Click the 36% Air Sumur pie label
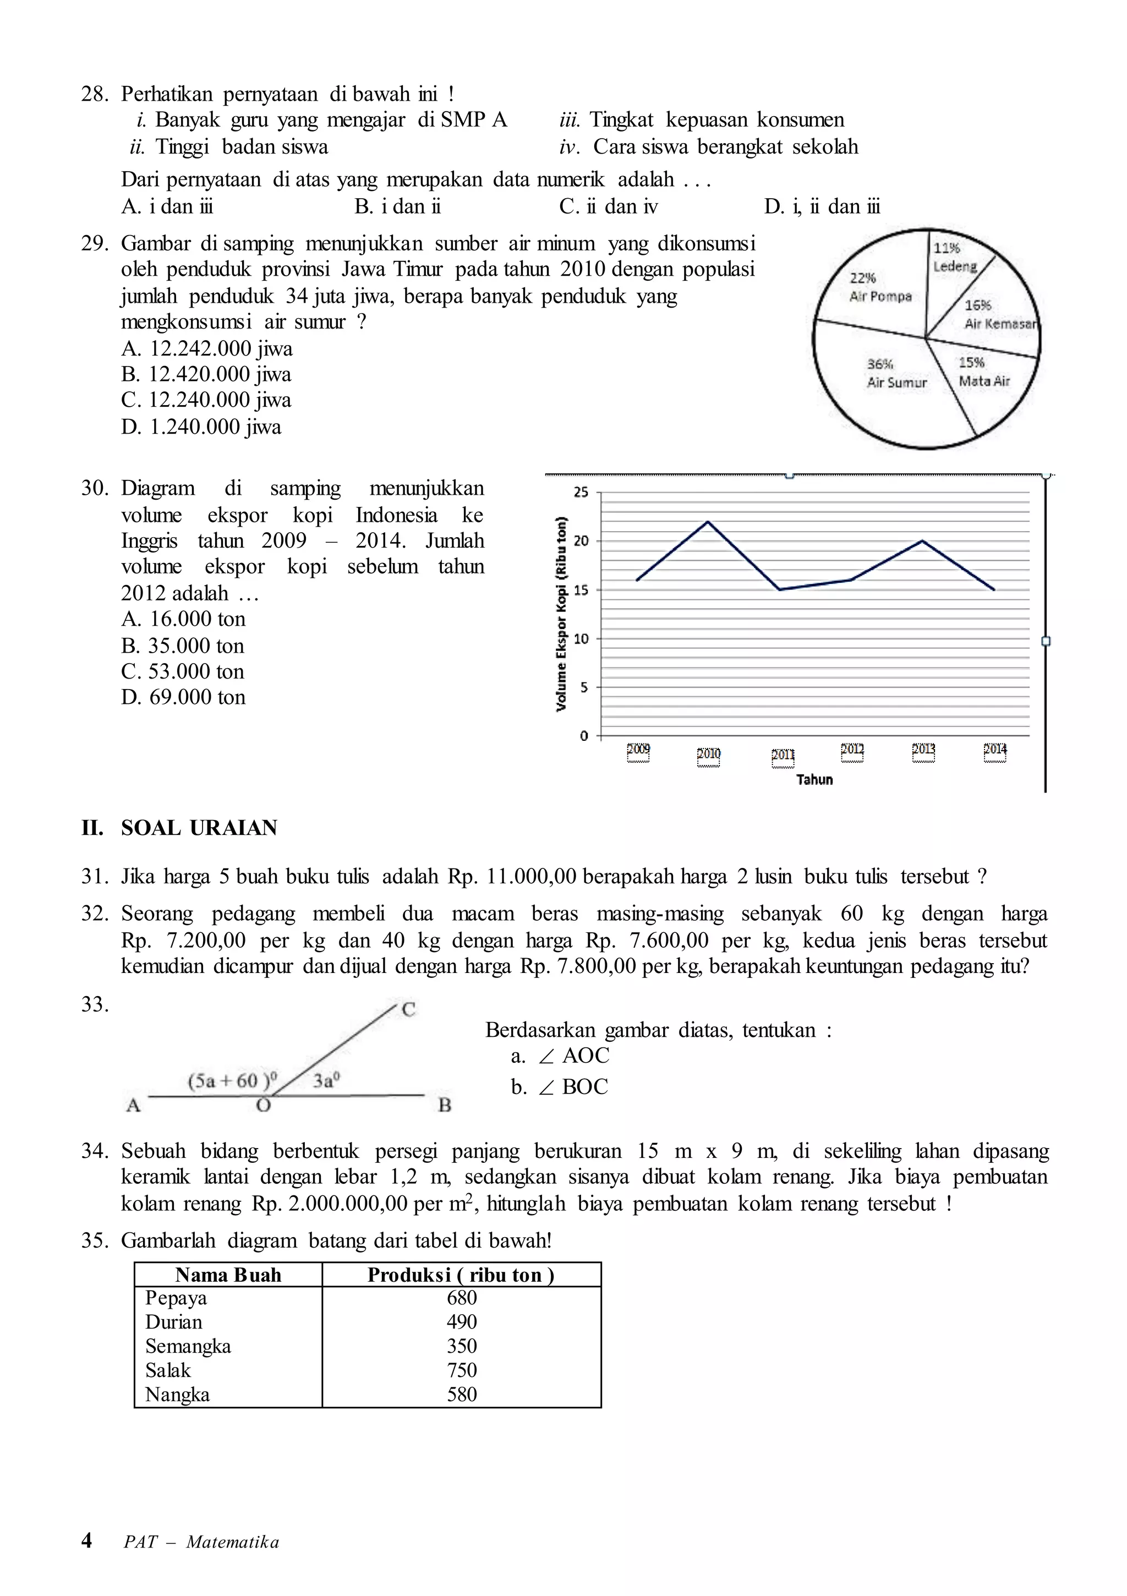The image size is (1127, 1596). (896, 373)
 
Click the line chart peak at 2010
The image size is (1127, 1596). (708, 521)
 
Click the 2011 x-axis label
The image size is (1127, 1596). (783, 755)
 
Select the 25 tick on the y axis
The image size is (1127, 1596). (581, 492)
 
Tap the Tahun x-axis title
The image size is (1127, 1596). (814, 779)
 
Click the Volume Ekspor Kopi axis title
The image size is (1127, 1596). (562, 613)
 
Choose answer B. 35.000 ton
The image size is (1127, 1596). (183, 645)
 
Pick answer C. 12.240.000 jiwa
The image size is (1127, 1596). (206, 400)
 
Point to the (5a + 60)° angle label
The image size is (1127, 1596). (232, 1080)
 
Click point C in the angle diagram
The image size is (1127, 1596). (409, 1009)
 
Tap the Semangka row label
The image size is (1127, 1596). (188, 1346)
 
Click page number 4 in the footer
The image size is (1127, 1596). (86, 1540)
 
